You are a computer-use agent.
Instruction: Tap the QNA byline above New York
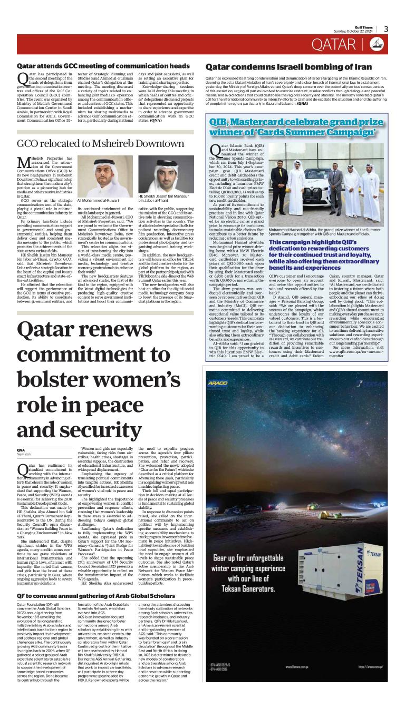pos(21,449)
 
